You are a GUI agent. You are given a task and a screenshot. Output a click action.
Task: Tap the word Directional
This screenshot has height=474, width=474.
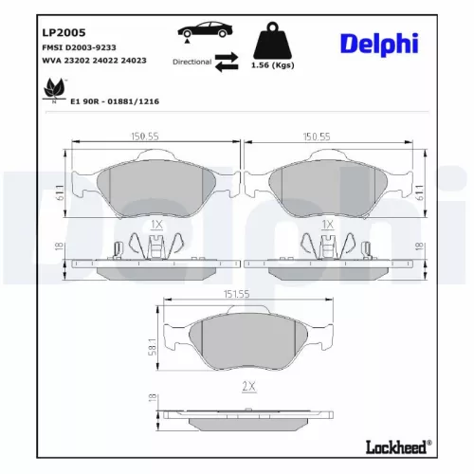pos(192,61)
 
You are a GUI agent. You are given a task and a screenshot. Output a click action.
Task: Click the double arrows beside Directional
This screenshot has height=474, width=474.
pos(227,61)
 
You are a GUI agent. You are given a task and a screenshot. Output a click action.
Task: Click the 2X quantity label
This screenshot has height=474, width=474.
pos(249,387)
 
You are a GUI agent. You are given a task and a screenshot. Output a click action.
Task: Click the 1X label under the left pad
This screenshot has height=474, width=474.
pos(156,225)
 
